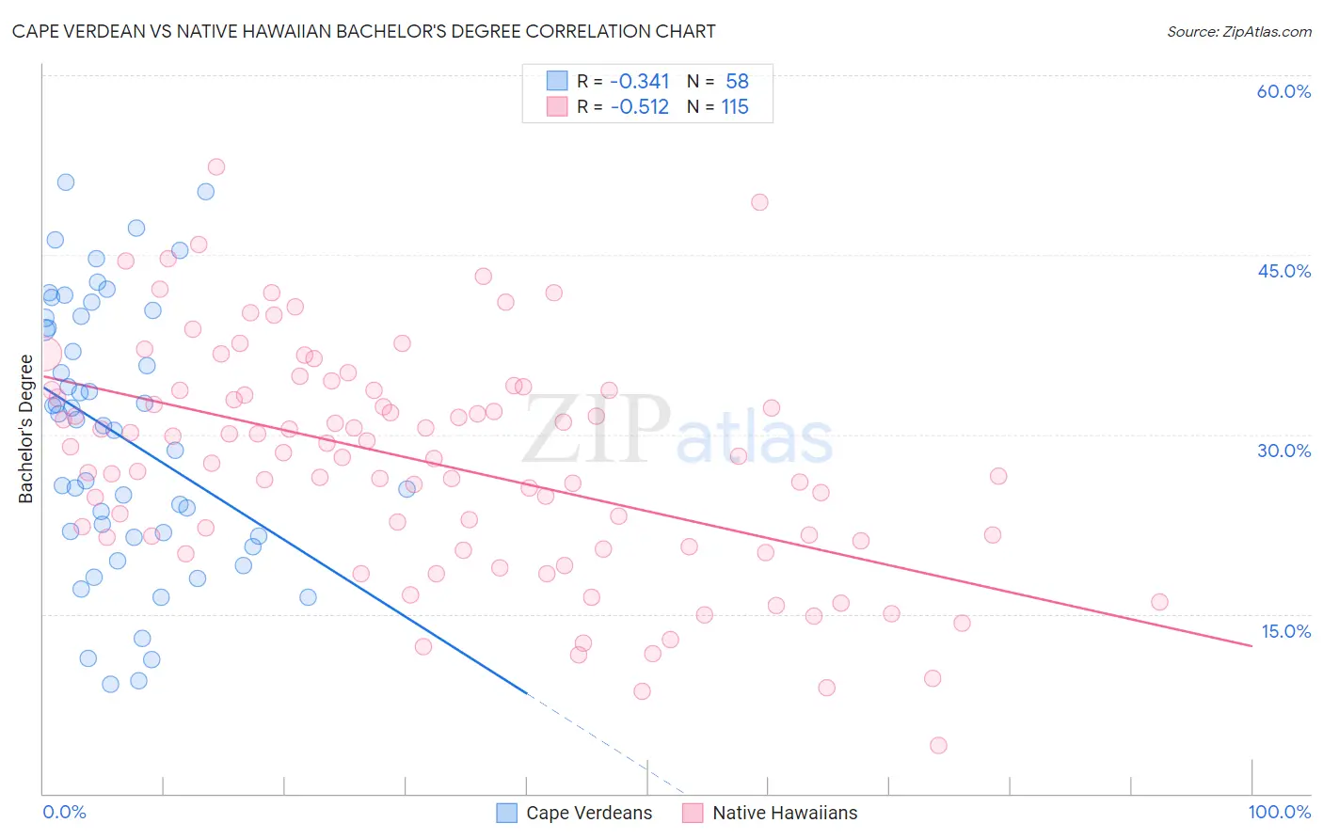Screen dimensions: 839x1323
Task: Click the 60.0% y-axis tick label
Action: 1283,91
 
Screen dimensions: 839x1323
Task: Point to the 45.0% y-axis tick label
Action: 1283,271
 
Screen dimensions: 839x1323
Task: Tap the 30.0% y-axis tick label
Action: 1283,451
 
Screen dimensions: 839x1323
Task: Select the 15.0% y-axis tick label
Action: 1285,631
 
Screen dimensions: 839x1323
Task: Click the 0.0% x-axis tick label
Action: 64,812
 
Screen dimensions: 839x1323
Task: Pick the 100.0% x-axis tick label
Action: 1279,812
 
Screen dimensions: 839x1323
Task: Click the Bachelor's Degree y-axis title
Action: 25,428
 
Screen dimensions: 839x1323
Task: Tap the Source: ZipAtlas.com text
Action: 1238,31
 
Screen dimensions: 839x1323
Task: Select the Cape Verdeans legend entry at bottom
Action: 574,813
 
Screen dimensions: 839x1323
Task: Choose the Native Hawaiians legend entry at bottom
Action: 771,813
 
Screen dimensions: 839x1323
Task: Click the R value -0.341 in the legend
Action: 640,82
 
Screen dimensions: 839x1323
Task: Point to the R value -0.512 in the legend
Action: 640,107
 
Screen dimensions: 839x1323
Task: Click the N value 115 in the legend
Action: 735,107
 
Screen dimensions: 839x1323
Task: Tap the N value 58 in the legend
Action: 737,82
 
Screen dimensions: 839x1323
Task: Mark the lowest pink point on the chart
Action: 938,746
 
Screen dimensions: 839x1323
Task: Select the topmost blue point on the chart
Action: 66,182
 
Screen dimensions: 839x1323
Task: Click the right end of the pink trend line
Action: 1251,645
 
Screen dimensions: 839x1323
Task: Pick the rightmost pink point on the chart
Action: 1159,602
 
